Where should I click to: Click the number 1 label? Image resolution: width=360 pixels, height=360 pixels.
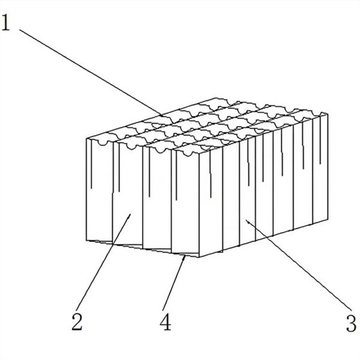[6, 22]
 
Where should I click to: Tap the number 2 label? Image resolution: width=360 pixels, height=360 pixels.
[77, 321]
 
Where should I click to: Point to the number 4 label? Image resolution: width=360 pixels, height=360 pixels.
[165, 321]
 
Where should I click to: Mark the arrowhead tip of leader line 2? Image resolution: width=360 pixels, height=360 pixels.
[130, 214]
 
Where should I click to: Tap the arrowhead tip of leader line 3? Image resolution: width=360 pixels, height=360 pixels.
[246, 219]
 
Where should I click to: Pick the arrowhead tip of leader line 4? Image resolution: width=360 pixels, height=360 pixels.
[184, 256]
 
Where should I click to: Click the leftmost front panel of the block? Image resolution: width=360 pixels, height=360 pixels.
[100, 190]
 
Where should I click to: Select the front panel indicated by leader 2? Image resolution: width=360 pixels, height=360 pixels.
[128, 194]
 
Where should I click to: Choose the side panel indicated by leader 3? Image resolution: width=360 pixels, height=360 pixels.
[248, 191]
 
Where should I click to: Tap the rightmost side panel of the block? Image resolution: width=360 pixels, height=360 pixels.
[320, 167]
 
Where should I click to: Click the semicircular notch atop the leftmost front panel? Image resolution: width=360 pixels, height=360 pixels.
[103, 143]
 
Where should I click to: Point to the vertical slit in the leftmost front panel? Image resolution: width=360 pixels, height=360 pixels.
[91, 165]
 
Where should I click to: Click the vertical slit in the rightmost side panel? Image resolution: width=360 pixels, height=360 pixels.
[320, 139]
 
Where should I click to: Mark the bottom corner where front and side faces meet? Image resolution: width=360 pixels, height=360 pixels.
[199, 257]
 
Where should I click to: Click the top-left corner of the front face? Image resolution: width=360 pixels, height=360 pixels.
[87, 139]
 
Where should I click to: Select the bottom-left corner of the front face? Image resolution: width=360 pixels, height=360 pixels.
[86, 240]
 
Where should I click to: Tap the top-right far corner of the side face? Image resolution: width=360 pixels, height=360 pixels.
[328, 114]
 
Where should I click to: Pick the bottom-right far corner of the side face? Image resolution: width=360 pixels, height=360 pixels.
[328, 219]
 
